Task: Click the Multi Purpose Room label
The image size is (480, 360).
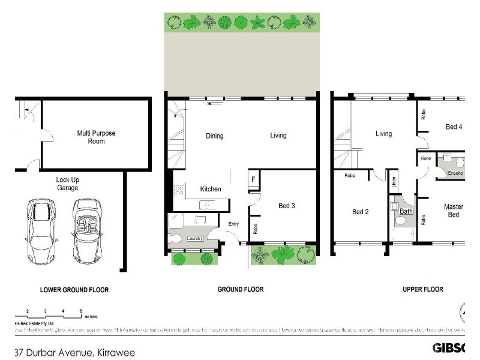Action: coord(96,137)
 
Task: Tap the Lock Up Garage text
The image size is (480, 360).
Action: coord(67,184)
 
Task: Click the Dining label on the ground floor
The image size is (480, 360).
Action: coord(214,136)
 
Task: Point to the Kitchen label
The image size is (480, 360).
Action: coord(211,189)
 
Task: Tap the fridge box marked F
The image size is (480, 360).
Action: coord(253,179)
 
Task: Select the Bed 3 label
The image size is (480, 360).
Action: coord(286,206)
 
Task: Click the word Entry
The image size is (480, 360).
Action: coord(233,224)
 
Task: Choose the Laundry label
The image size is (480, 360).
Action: coord(194,239)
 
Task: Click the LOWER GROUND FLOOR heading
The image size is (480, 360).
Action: coord(74,290)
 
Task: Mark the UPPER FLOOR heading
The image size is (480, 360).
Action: coord(423,289)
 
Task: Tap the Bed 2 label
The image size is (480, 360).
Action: coord(360,211)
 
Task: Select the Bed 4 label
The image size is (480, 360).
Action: coord(454,127)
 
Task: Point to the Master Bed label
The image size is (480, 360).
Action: coord(453,211)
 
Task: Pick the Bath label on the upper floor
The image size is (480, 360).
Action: coord(406,211)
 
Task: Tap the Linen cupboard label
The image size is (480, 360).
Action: coord(394,182)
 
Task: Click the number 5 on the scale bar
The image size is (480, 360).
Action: coord(81,310)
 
